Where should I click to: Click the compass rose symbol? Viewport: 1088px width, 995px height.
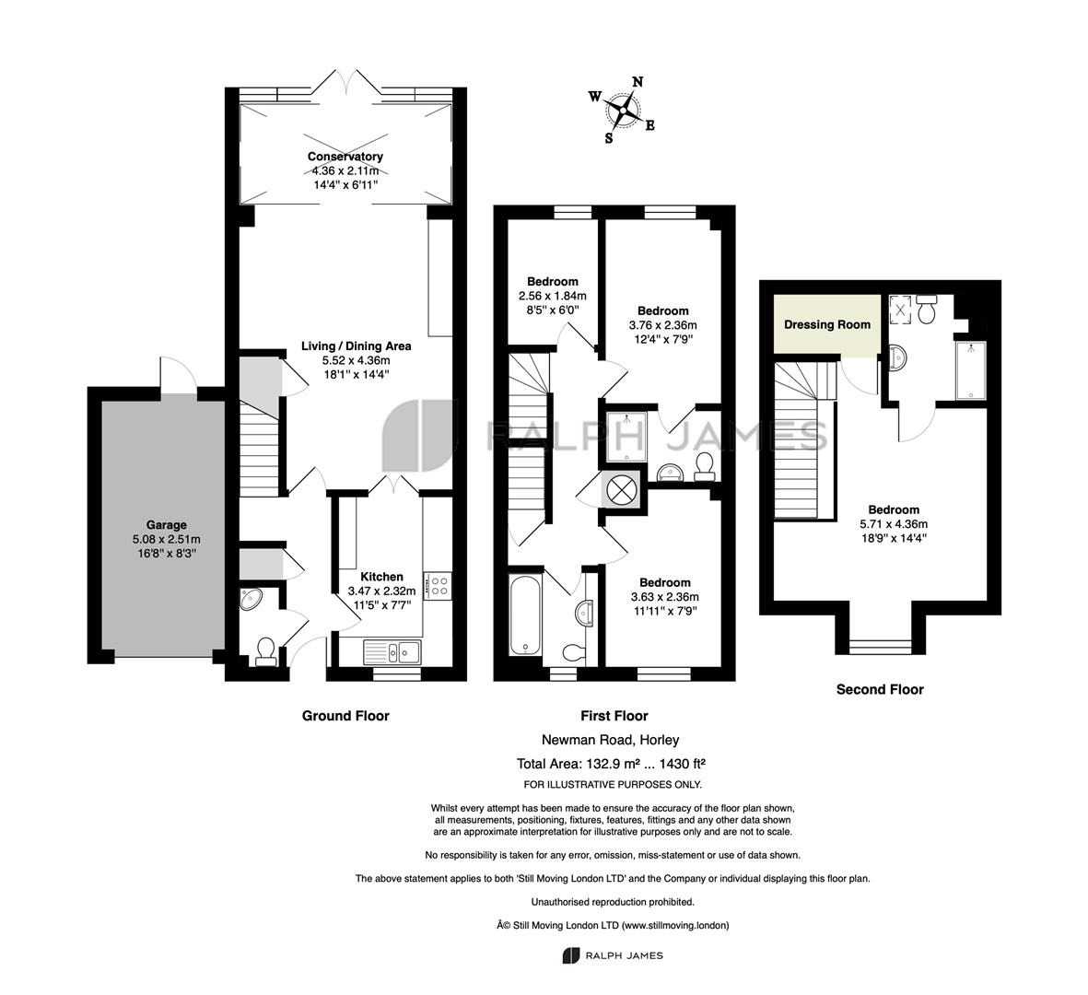coord(623,109)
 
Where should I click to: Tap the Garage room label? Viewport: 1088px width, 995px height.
coord(166,524)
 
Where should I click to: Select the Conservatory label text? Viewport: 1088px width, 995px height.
coord(345,157)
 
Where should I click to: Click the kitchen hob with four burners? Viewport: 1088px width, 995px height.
coord(438,584)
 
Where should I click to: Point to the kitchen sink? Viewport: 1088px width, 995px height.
coord(392,651)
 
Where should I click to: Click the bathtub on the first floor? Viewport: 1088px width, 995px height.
coord(525,615)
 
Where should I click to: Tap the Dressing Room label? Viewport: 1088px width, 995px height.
coord(827,324)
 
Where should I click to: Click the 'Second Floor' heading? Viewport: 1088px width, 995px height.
coord(880,689)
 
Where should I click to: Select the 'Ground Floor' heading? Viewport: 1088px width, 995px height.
coord(345,715)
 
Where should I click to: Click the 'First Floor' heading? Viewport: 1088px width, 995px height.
coord(614,715)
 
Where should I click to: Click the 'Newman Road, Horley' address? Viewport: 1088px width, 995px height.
coord(610,740)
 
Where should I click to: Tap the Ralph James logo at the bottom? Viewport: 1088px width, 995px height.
coord(613,955)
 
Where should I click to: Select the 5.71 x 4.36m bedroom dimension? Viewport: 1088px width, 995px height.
coord(894,524)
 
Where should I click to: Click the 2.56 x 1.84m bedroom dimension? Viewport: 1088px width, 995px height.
coord(553,296)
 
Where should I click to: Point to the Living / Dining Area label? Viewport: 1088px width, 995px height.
coord(356,345)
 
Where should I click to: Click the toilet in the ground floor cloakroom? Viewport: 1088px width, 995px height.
coord(264,651)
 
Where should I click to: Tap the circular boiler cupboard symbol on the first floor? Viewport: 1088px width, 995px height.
coord(621,490)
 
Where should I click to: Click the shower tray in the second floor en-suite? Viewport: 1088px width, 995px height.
coord(970,370)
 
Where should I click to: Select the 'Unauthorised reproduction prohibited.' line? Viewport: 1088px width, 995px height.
coord(613,902)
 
